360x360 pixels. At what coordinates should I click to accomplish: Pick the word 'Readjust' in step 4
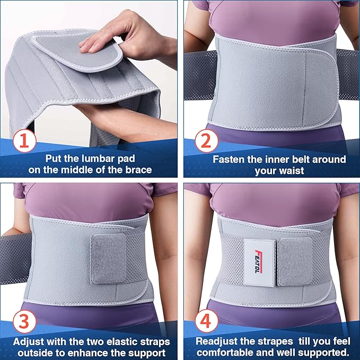217,341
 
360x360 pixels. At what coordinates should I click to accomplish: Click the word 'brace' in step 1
138,171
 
